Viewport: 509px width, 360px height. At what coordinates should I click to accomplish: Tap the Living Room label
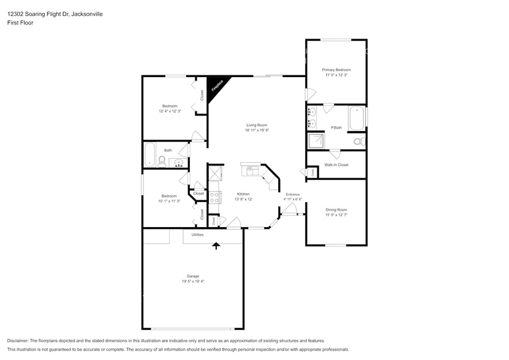(x=257, y=125)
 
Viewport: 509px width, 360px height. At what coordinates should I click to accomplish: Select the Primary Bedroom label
(x=336, y=70)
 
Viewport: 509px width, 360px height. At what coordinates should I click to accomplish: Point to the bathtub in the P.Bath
(x=356, y=119)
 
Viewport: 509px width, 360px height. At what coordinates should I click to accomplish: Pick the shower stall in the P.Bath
(x=317, y=141)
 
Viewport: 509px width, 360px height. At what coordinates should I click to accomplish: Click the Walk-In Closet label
(x=336, y=165)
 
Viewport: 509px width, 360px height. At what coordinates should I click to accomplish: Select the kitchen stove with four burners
(x=215, y=197)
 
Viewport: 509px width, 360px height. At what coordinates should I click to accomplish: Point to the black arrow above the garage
(x=216, y=246)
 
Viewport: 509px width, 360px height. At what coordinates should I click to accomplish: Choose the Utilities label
(x=197, y=234)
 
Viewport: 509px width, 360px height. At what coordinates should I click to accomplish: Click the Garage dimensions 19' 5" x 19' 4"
(x=193, y=281)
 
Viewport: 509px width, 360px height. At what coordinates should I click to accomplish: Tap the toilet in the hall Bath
(x=162, y=162)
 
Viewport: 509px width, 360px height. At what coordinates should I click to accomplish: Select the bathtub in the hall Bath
(x=149, y=155)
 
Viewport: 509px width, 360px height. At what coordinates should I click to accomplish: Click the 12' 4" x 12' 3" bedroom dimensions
(x=169, y=111)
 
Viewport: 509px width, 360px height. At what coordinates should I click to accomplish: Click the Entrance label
(x=293, y=194)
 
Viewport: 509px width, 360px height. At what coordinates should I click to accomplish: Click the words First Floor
(x=21, y=23)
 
